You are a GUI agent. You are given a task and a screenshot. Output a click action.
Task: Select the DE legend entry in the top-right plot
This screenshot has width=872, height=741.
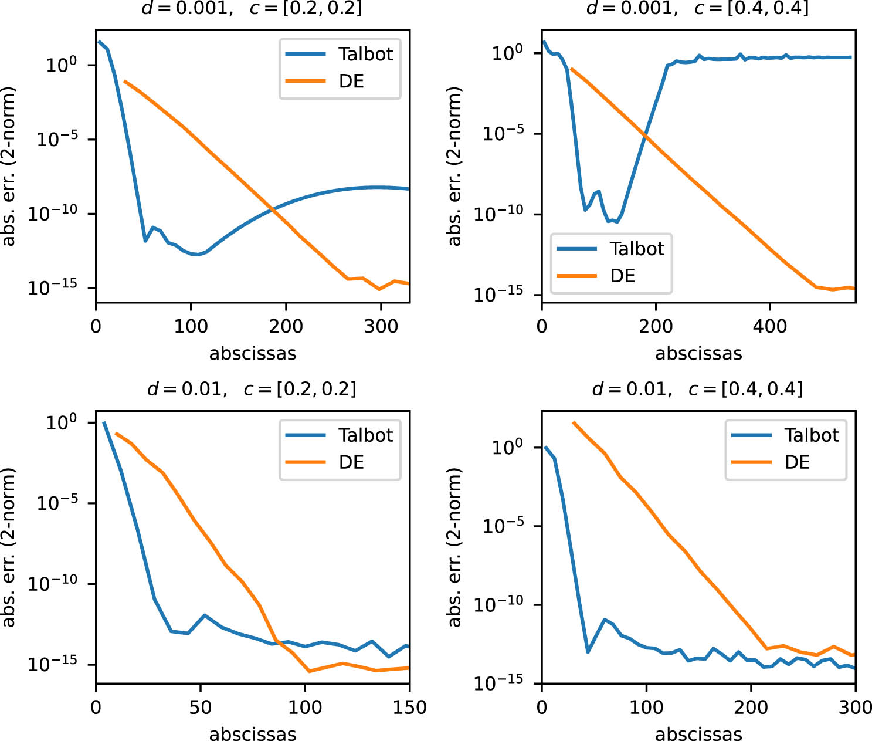pos(622,276)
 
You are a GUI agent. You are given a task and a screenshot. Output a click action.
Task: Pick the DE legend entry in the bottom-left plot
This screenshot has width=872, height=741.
pos(351,462)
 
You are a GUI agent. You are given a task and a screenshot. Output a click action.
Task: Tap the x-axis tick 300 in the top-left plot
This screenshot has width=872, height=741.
pos(381,326)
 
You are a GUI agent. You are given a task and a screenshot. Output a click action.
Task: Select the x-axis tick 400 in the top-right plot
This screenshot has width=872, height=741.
pos(769,326)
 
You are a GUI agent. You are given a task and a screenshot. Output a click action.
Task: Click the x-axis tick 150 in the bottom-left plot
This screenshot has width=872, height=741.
pos(409,708)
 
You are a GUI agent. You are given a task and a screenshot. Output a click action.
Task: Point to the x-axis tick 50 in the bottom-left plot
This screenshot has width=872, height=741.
pos(201,708)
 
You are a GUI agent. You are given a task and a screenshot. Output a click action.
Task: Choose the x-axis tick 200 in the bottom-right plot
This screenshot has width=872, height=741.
pos(751,708)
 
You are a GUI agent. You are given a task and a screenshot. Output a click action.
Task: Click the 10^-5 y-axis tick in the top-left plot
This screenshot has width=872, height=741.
pos(57,140)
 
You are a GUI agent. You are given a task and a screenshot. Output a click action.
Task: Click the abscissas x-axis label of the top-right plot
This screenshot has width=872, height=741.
pos(698,354)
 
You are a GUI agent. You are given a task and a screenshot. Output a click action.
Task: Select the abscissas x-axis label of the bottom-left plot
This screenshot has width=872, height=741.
pos(253,734)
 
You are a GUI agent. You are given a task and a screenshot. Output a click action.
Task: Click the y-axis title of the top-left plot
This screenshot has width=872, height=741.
pos(8,166)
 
